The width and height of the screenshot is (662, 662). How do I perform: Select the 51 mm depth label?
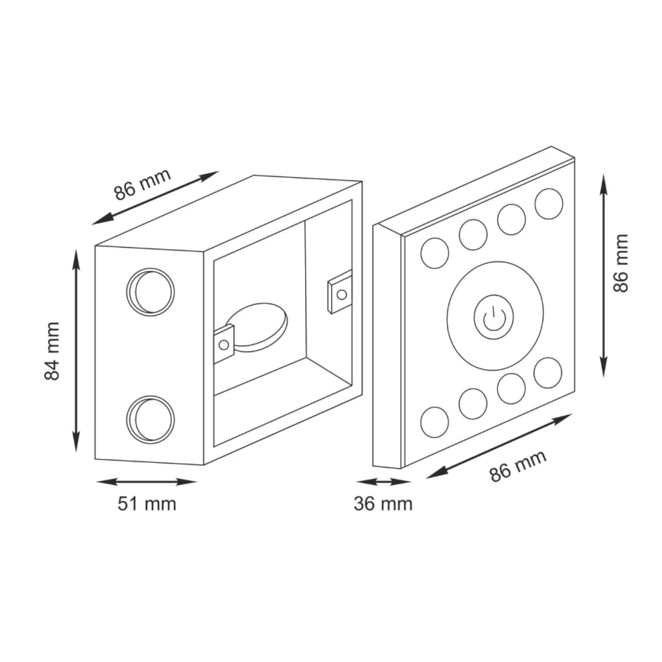[x=146, y=504]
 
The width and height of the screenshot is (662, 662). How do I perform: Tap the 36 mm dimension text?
[x=384, y=504]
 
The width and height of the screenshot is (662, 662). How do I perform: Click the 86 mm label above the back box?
[x=143, y=183]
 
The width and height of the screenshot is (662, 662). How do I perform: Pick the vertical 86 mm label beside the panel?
[x=622, y=263]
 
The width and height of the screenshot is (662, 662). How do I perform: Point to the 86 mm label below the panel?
[x=518, y=465]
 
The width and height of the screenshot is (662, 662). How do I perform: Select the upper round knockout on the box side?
[x=150, y=291]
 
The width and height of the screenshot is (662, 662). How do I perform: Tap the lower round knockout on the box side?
[x=150, y=419]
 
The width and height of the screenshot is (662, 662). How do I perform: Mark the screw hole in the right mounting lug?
[x=342, y=294]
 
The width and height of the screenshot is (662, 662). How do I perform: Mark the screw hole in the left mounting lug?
[x=223, y=345]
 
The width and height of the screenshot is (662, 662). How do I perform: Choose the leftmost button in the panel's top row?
[x=435, y=252]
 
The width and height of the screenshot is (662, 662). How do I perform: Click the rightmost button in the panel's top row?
[x=548, y=203]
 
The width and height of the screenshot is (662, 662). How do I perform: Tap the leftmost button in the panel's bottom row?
[x=435, y=422]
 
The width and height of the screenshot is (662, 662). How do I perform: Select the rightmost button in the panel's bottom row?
[x=548, y=372]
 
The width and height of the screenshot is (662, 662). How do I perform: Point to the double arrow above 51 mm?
[x=146, y=482]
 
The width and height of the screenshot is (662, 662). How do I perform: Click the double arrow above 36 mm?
[x=384, y=482]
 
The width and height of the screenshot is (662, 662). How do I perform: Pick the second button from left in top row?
[x=473, y=235]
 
